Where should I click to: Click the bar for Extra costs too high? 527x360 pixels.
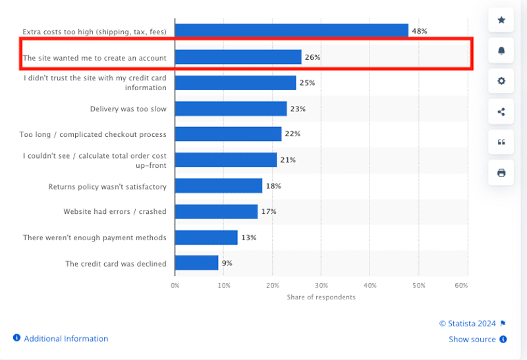pos(291,31)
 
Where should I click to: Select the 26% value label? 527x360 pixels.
pos(312,57)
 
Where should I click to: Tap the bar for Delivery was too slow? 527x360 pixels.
pos(231,109)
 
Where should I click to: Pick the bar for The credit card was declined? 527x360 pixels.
pos(196,263)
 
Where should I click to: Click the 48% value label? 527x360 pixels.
pos(420,31)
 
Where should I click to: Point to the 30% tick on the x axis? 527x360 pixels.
pos(321,286)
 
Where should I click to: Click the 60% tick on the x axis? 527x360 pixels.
pos(461,286)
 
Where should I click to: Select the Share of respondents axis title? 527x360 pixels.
pos(321,297)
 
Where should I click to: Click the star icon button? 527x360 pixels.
pos(501,20)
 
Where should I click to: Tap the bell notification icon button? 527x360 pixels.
pos(501,50)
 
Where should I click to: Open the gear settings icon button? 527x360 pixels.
pos(501,81)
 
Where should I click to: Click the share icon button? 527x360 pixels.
pos(501,111)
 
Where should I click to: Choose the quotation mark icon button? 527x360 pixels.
pos(501,142)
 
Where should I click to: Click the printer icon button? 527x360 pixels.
pos(501,172)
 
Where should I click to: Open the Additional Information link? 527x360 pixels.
pos(66,338)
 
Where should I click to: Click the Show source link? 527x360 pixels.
pos(472,340)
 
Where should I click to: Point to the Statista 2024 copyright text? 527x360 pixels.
pos(468,323)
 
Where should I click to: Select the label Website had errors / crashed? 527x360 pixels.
pos(115,212)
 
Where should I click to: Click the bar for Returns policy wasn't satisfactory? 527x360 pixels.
pos(219,186)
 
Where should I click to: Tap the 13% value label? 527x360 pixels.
pos(248,238)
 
